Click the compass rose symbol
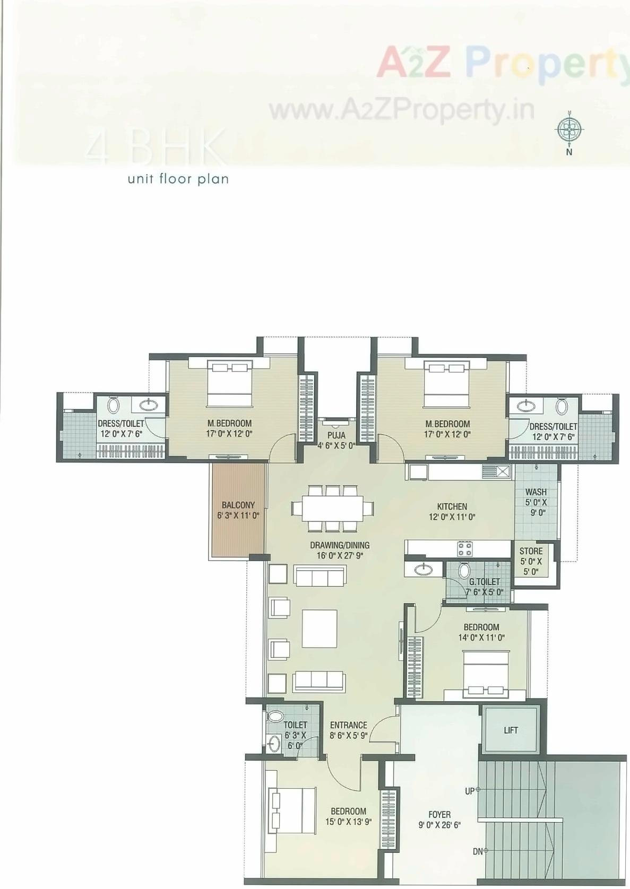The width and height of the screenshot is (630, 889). tap(569, 129)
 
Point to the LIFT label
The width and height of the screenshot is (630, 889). tap(511, 730)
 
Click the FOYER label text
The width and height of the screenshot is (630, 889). tap(439, 814)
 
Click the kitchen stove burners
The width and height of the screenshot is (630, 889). tap(465, 548)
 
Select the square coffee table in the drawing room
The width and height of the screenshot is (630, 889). tap(320, 629)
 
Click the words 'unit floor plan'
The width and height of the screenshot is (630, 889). tap(178, 179)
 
